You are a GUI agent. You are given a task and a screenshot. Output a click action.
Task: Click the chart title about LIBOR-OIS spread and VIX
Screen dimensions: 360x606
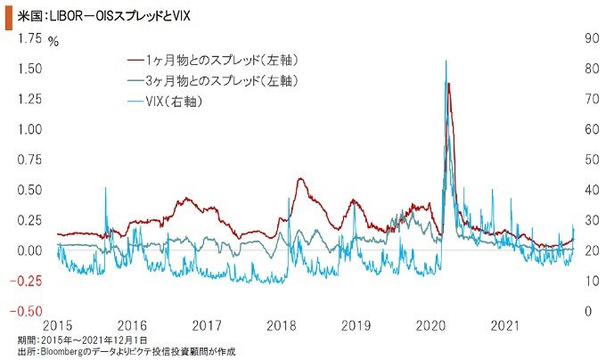(x=107, y=16)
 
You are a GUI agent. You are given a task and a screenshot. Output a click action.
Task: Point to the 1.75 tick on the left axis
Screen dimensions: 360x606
(x=29, y=37)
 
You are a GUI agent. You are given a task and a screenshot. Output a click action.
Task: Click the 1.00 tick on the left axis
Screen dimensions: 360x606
(x=29, y=129)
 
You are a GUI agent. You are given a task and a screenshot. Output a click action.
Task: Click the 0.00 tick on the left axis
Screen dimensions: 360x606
(x=29, y=250)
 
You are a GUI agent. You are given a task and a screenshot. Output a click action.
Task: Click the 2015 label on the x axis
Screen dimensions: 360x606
(x=58, y=326)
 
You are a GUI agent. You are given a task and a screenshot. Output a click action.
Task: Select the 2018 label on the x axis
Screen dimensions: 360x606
(x=283, y=326)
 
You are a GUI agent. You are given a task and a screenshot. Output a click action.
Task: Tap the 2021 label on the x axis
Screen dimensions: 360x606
(x=505, y=326)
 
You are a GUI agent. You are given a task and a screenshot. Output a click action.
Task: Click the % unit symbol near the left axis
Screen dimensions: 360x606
(x=53, y=41)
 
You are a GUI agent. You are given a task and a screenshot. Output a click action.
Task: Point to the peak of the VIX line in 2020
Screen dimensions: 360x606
(x=446, y=61)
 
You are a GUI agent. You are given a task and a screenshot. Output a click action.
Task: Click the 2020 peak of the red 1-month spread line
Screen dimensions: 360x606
(x=448, y=83)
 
